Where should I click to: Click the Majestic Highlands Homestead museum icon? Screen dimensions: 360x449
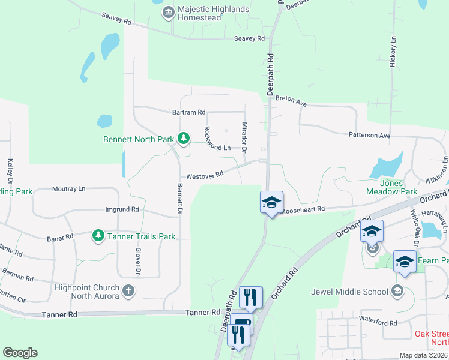[168, 11]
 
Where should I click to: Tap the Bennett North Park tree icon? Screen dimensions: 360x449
[183, 139]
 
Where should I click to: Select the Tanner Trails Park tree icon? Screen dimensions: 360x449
[98, 236]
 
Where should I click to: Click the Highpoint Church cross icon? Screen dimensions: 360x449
[128, 291]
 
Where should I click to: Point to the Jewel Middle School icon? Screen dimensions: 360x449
[396, 291]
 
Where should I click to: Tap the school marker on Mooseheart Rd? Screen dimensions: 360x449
[271, 201]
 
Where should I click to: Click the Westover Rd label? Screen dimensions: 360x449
[205, 175]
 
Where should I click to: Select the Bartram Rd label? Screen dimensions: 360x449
[188, 112]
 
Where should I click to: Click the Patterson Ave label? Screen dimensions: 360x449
[370, 136]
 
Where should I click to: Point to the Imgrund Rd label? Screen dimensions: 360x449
[122, 209]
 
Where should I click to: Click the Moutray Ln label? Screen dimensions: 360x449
[68, 188]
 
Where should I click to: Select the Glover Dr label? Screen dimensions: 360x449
[138, 262]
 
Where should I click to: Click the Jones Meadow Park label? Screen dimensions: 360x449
[391, 187]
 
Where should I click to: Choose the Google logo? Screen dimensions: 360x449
[20, 352]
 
